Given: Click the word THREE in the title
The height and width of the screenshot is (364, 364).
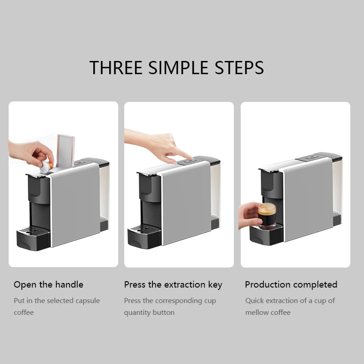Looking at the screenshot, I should (116, 67).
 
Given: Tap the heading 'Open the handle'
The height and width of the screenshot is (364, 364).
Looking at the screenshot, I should (48, 285).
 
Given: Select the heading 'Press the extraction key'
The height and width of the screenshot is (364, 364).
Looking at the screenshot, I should (173, 285).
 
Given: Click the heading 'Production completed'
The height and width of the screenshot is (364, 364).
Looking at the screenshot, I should (291, 285).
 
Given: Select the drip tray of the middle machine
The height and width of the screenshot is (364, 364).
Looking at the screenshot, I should (144, 237).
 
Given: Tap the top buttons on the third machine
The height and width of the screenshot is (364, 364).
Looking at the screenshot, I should (311, 157).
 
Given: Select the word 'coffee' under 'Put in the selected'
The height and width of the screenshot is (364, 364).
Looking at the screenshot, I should (24, 313).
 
